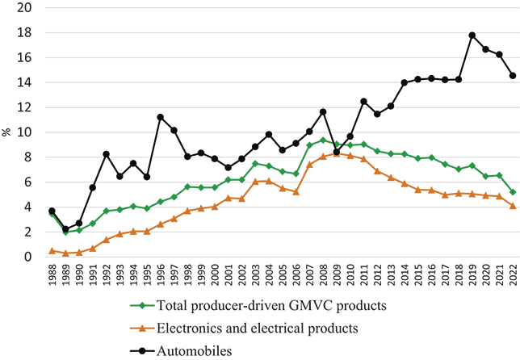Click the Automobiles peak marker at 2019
pos(472,36)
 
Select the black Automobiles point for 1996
pos(161,117)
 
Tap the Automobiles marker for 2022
pos(513,76)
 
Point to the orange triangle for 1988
pos(52,251)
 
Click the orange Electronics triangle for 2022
pos(513,206)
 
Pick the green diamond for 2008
pos(323,140)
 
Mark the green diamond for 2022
pos(513,192)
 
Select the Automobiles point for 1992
pos(106,154)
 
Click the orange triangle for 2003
pos(255,182)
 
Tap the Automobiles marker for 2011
pos(364,102)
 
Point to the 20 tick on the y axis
pos(24,8)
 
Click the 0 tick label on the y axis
pos(27,257)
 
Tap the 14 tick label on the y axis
pos(24,82)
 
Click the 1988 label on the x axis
pos(52,274)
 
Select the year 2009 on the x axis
pos(337,274)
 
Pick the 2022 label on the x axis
pos(513,274)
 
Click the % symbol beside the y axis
pos(6,132)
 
